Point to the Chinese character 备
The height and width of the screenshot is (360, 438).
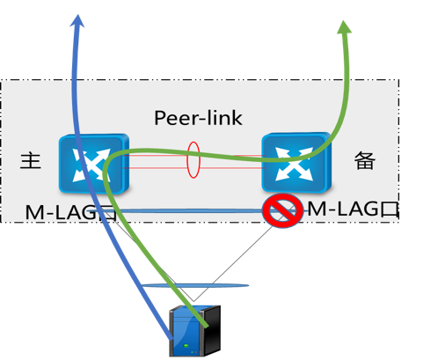[x=364, y=161]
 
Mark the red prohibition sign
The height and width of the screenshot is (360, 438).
[x=282, y=211]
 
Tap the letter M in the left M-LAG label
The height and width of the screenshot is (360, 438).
[x=34, y=212]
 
